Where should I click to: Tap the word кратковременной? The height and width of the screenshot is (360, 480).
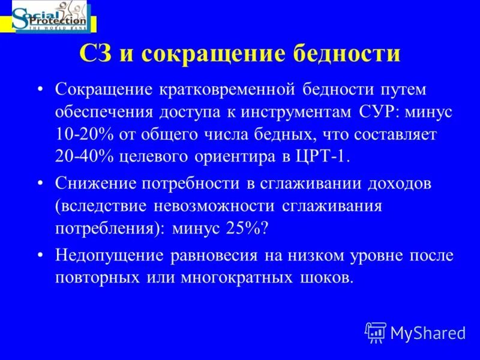pyautogui.click(x=227, y=89)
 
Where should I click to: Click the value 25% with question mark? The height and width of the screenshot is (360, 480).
pyautogui.click(x=251, y=228)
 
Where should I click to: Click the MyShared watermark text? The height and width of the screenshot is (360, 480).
pyautogui.click(x=428, y=331)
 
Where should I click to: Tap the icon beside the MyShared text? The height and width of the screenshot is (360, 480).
pyautogui.click(x=376, y=331)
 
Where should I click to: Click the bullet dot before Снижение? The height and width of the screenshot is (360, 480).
pyautogui.click(x=40, y=184)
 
